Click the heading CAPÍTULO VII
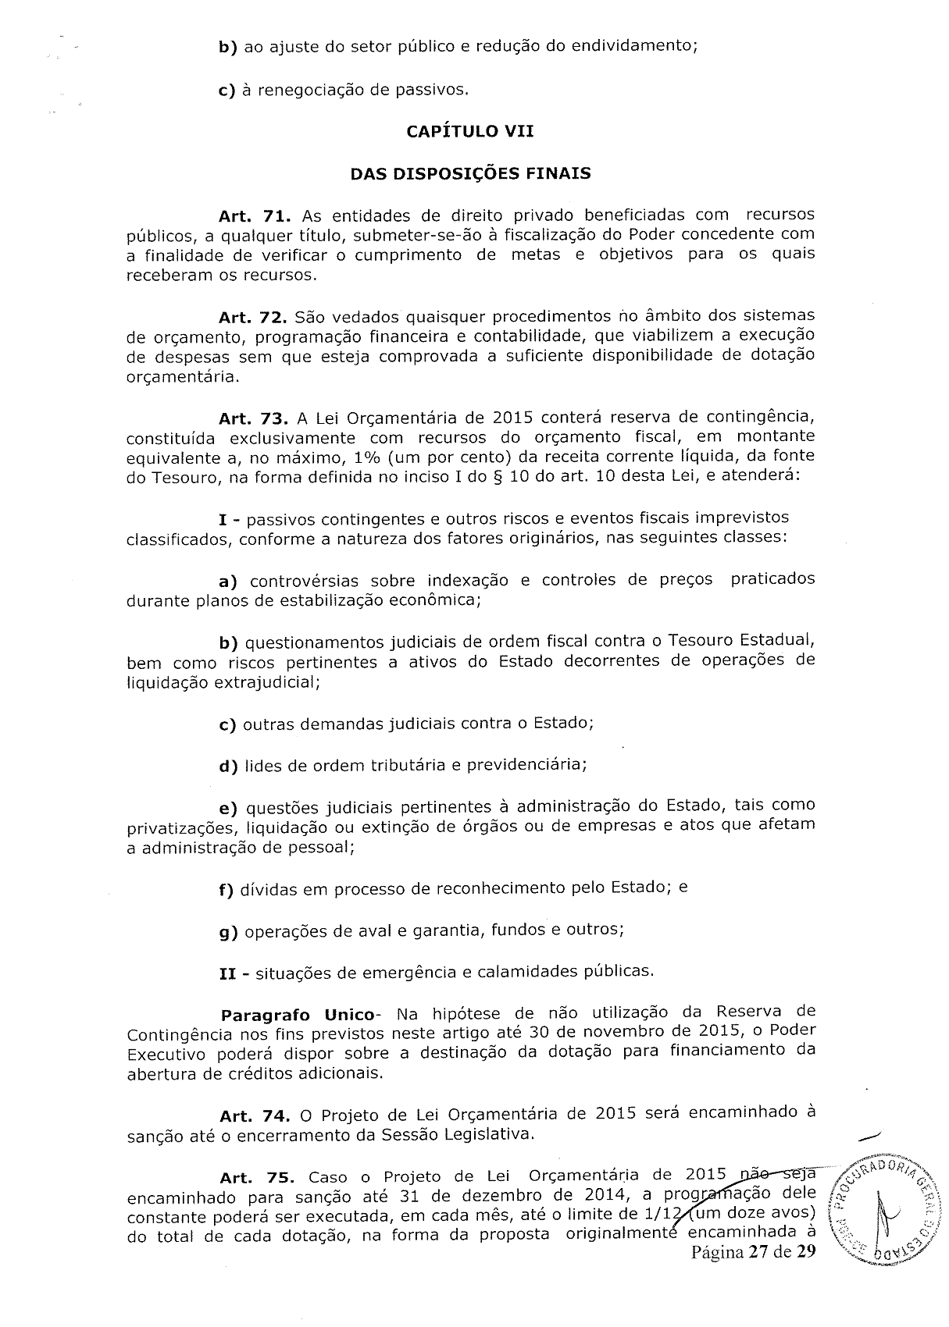[x=470, y=131]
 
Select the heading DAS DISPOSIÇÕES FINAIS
[x=470, y=173]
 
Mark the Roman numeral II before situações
[x=230, y=973]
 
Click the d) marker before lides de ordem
[x=229, y=767]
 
